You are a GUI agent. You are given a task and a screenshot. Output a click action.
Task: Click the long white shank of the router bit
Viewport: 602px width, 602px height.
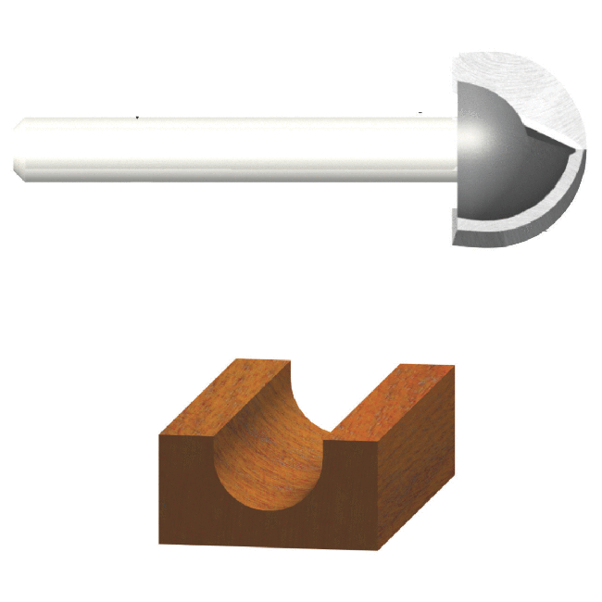pos(232,148)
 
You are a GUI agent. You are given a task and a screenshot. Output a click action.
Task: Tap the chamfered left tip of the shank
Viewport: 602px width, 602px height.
pos(19,148)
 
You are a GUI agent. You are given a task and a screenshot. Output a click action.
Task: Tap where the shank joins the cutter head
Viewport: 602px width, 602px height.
pos(456,148)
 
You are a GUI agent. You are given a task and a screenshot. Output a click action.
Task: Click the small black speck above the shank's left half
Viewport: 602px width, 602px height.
pos(138,118)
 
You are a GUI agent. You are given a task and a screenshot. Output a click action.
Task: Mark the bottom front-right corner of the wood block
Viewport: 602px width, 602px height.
pos(380,549)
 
